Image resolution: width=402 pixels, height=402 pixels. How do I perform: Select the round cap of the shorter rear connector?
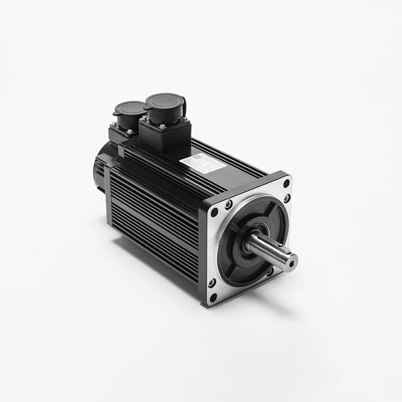point(130,108)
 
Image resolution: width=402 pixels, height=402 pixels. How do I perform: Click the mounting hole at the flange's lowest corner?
point(212,297)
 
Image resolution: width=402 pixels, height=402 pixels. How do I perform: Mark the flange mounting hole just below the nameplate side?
point(215,212)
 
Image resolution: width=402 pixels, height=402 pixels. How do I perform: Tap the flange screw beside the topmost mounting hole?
point(286,198)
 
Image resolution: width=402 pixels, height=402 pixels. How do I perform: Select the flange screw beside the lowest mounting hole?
point(212,282)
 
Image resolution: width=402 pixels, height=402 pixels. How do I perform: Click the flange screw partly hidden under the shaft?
point(271,272)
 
